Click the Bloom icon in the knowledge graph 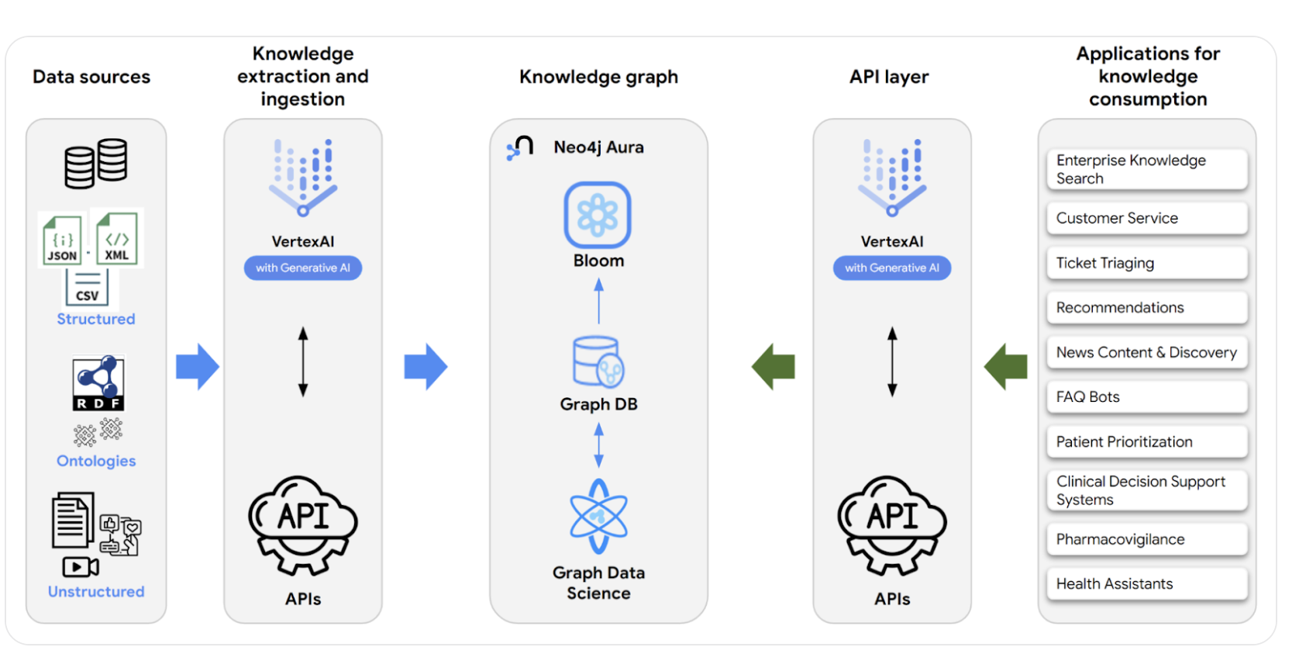598,215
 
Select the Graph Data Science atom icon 598,516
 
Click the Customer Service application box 1146,218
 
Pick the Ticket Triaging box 1146,263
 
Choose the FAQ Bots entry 1146,396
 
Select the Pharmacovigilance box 1146,539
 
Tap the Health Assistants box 1146,583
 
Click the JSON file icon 62,240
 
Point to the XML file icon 117,238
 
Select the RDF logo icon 98,382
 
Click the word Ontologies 96,461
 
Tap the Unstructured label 96,591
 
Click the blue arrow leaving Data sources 198,366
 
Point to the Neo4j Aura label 598,147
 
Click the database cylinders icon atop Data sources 96,163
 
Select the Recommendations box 1146,307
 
